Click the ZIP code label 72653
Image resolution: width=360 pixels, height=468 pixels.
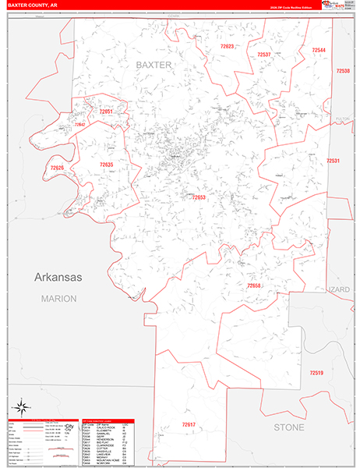tap(199, 197)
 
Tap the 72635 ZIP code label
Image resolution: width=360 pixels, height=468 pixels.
tap(107, 165)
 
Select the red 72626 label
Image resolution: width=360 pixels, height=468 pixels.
tap(57, 168)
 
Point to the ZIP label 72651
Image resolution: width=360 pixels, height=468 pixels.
tap(106, 112)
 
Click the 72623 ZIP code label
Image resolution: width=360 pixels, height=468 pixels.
tap(227, 47)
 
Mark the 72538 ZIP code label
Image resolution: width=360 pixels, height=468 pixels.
tap(343, 71)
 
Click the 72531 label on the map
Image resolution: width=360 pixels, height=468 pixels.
tap(334, 161)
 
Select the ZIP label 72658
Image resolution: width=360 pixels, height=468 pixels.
tap(254, 286)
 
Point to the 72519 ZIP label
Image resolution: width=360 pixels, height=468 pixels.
tap(316, 373)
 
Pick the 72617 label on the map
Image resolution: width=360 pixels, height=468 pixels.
tap(189, 424)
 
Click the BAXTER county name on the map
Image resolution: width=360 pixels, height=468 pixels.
tap(154, 65)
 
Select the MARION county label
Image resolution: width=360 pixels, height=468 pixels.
tap(59, 299)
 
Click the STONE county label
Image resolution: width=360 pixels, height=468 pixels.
tap(289, 427)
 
